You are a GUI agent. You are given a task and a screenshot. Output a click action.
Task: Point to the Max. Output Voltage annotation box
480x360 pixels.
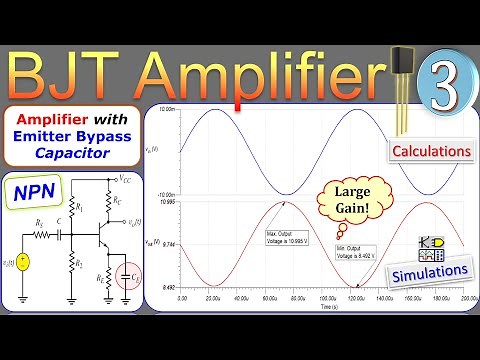click(x=287, y=238)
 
